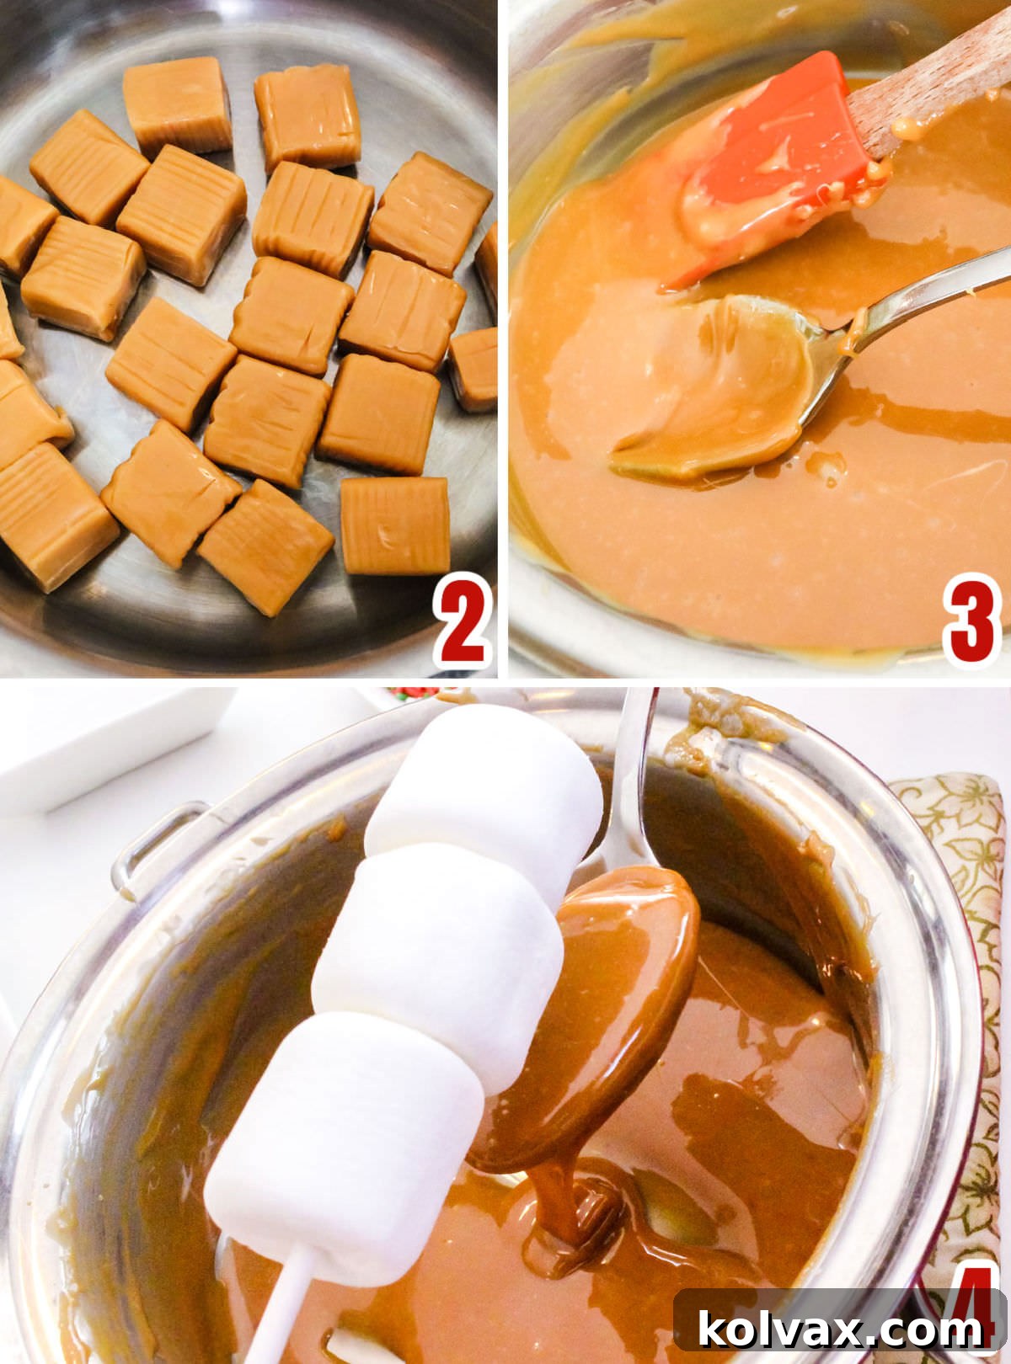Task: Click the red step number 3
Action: (972, 618)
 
